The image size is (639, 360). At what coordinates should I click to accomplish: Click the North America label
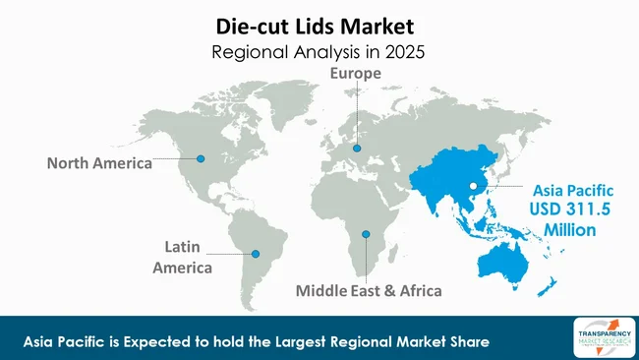[99, 163]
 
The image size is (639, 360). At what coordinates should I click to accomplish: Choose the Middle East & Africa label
[369, 291]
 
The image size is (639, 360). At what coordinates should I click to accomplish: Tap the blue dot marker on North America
[201, 157]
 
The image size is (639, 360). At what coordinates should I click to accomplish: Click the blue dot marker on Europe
[357, 150]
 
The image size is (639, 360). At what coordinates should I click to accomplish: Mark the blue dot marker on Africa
[365, 234]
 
